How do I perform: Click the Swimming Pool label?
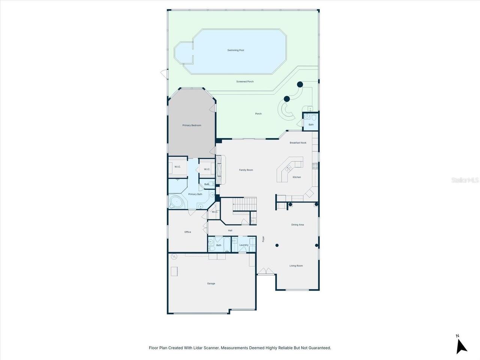(235, 50)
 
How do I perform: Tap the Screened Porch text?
(245, 81)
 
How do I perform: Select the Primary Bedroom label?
(192, 126)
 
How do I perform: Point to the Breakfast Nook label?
(298, 143)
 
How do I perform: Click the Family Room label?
(246, 170)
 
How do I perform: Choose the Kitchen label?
(297, 177)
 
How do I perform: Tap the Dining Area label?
(297, 225)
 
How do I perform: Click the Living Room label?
(296, 266)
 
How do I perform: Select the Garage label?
(211, 283)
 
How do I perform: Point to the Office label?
(187, 232)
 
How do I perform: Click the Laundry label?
(244, 245)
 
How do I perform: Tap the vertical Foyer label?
(263, 239)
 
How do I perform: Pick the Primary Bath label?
(195, 194)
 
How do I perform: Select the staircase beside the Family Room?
(244, 204)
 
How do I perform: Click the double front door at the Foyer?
(265, 271)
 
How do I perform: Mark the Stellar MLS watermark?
(465, 180)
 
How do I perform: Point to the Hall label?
(230, 230)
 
